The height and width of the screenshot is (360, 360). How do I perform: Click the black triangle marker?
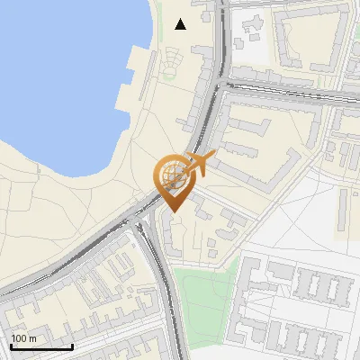(x=181, y=24)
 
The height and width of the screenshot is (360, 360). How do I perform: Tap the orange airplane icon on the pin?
(x=199, y=164)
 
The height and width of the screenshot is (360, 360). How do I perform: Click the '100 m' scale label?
(x=23, y=338)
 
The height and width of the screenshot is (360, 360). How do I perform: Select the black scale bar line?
(x=41, y=346)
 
